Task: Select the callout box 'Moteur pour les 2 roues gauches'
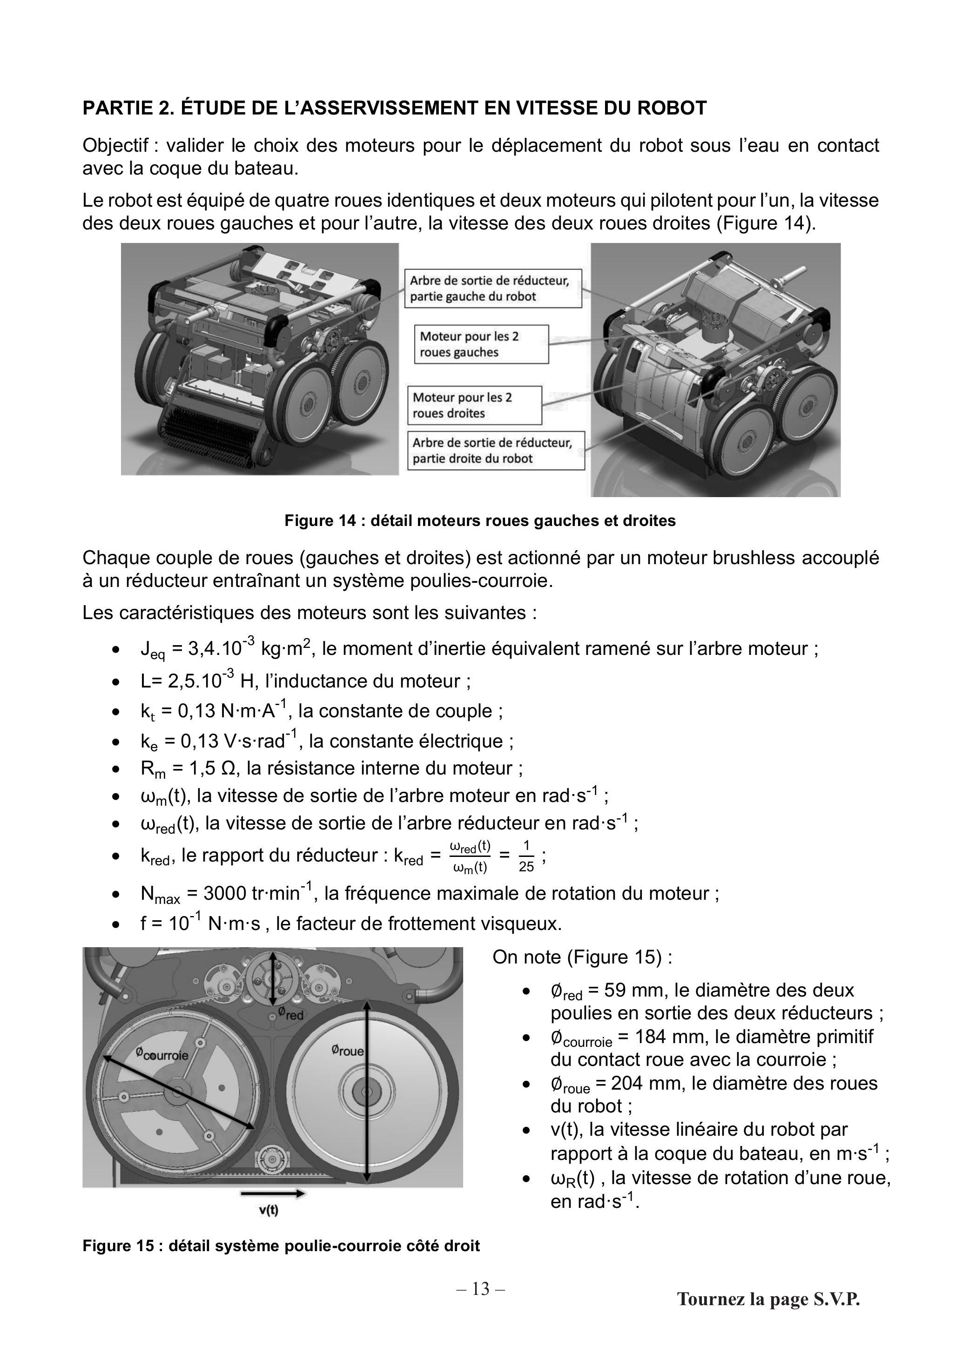click(x=481, y=344)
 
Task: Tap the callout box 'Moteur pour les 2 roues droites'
click(x=475, y=405)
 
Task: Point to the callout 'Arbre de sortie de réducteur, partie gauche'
click(x=493, y=289)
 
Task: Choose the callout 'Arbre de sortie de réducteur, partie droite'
click(x=496, y=451)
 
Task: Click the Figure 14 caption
click(x=480, y=520)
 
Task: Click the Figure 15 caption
click(x=281, y=1246)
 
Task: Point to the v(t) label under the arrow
click(x=269, y=1211)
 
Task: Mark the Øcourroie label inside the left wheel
click(x=161, y=1054)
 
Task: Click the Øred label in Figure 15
click(x=290, y=1014)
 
